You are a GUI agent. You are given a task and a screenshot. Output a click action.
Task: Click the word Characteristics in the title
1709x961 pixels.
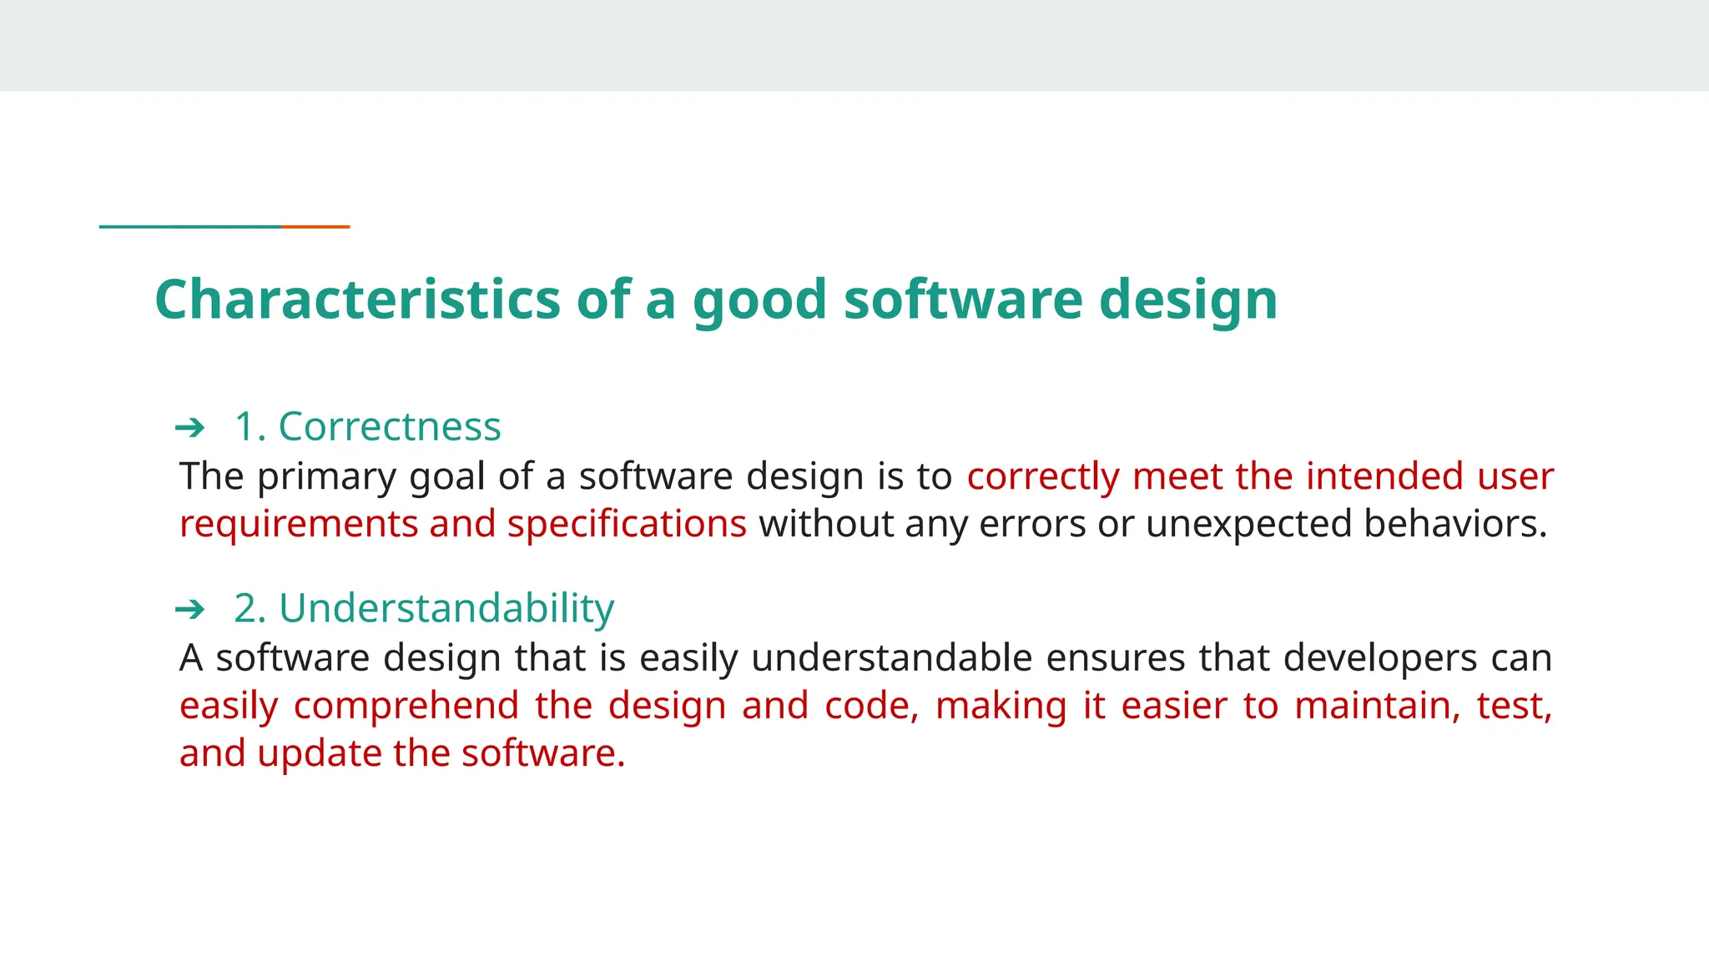[357, 299]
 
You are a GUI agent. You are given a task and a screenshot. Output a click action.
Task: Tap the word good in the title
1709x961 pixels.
[759, 300]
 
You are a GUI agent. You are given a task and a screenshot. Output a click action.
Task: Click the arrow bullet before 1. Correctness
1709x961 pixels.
[190, 428]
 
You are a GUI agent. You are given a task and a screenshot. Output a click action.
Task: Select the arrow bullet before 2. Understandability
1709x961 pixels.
[190, 610]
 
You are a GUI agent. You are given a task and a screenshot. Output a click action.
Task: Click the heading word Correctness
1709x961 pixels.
[389, 426]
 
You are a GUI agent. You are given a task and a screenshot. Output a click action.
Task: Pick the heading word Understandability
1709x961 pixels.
[446, 608]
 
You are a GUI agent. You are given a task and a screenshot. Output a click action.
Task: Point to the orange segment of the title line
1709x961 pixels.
[315, 226]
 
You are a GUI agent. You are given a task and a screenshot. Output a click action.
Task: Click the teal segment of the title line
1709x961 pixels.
[190, 226]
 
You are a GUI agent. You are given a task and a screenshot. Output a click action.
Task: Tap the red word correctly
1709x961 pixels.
[1043, 477]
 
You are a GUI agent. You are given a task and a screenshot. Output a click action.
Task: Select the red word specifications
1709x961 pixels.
[627, 525]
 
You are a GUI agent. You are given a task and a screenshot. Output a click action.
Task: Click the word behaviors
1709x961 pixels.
[1455, 525]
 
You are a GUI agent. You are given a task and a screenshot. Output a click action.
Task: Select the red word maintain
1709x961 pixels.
[1377, 706]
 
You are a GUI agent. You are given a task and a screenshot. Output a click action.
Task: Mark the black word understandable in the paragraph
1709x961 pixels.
[891, 658]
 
